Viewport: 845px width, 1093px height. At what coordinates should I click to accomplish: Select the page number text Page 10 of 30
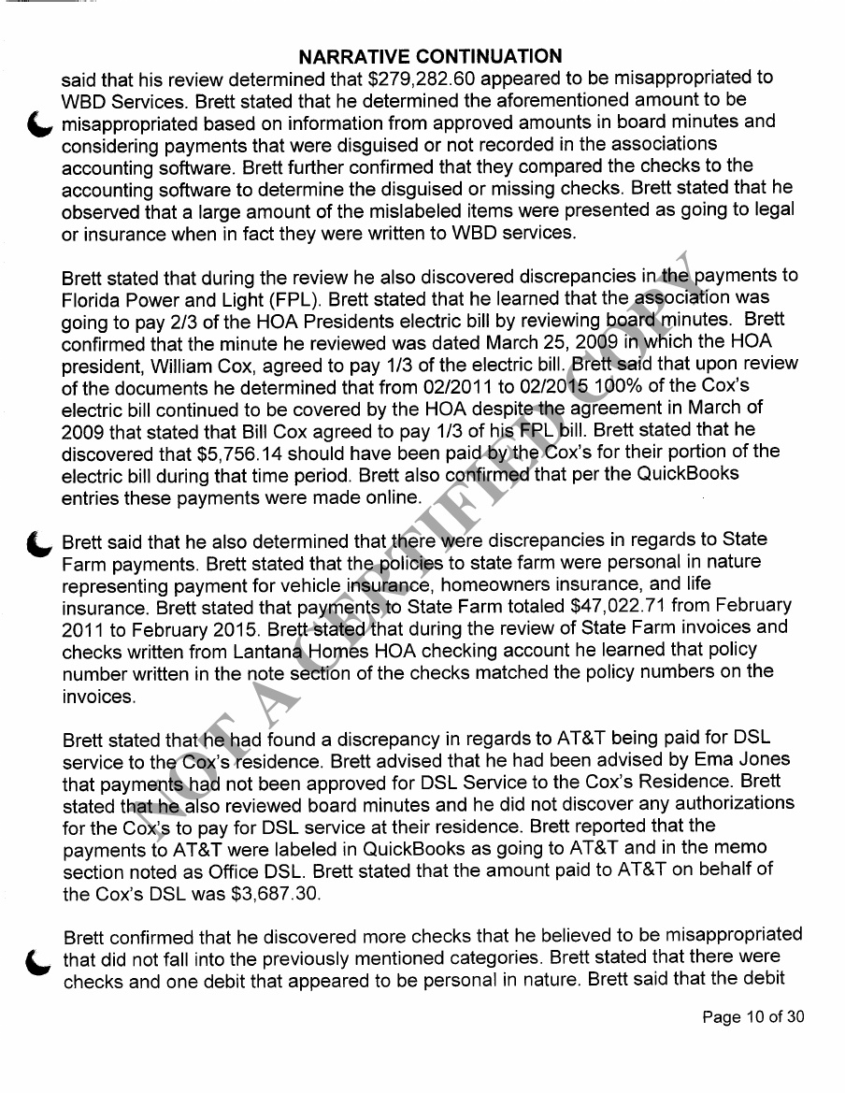click(x=752, y=1017)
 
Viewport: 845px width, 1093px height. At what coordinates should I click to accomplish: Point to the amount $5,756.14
click(x=242, y=453)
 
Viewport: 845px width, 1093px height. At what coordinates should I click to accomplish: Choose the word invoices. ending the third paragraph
click(x=99, y=696)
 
